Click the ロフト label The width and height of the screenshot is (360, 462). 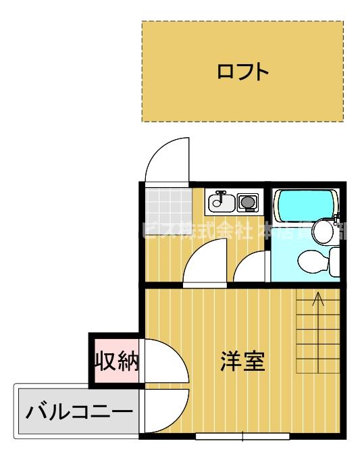pos(242,71)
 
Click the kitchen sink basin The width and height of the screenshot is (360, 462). pos(220,201)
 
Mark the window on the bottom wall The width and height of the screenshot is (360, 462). pos(242,436)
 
